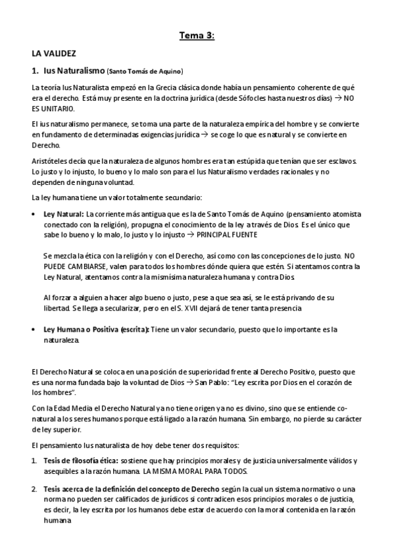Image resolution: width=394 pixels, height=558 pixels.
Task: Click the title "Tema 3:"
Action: point(197,36)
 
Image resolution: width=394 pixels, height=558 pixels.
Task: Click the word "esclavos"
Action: point(343,161)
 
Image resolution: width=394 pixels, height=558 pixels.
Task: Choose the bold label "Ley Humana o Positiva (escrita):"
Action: point(96,329)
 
